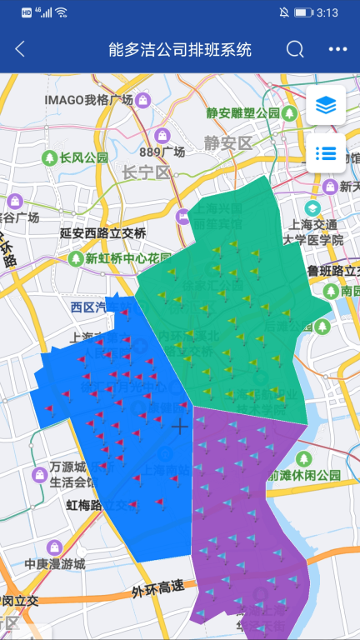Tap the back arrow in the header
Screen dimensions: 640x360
point(20,49)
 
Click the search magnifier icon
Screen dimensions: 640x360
point(295,49)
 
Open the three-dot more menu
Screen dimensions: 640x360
point(337,49)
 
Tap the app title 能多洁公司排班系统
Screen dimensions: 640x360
point(180,49)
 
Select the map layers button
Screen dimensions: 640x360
point(326,105)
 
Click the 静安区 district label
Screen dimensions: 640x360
point(227,142)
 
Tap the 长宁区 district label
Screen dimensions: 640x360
point(146,172)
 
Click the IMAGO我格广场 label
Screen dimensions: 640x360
point(89,100)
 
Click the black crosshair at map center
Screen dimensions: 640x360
point(179,427)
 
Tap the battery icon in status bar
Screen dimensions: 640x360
point(307,12)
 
